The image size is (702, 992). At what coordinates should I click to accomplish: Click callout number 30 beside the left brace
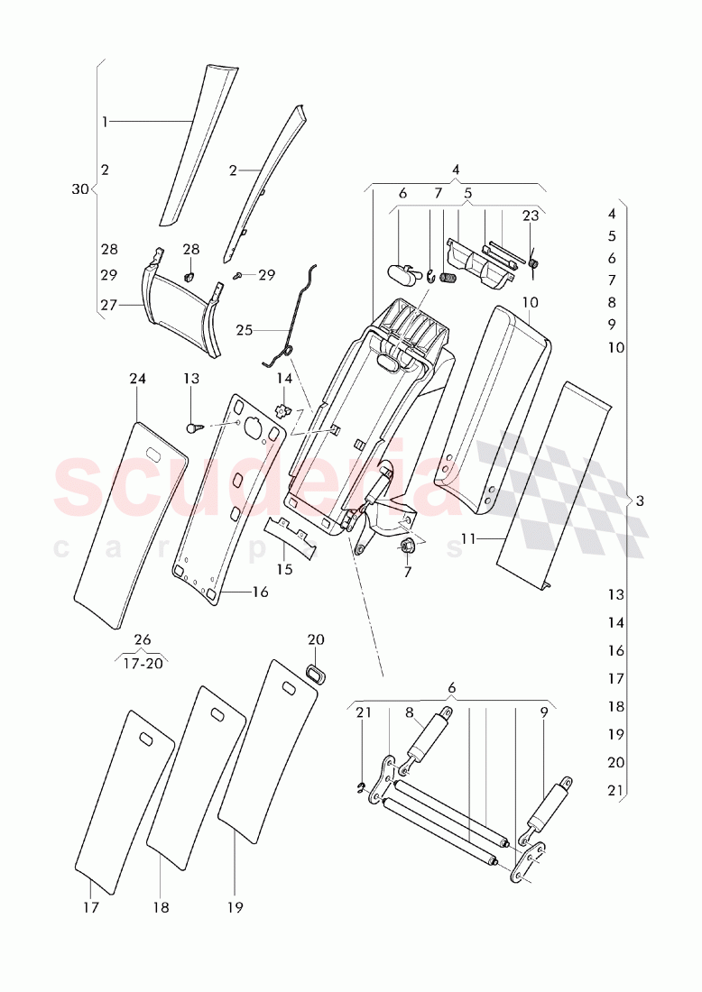click(x=79, y=189)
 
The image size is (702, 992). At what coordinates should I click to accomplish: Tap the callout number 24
click(x=137, y=380)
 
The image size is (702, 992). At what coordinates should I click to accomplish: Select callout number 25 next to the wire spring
click(x=245, y=330)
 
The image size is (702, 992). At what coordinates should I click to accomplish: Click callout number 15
click(x=284, y=570)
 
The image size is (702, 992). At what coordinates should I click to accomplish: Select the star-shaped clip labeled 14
click(x=284, y=412)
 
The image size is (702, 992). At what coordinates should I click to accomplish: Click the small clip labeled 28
click(x=190, y=276)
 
